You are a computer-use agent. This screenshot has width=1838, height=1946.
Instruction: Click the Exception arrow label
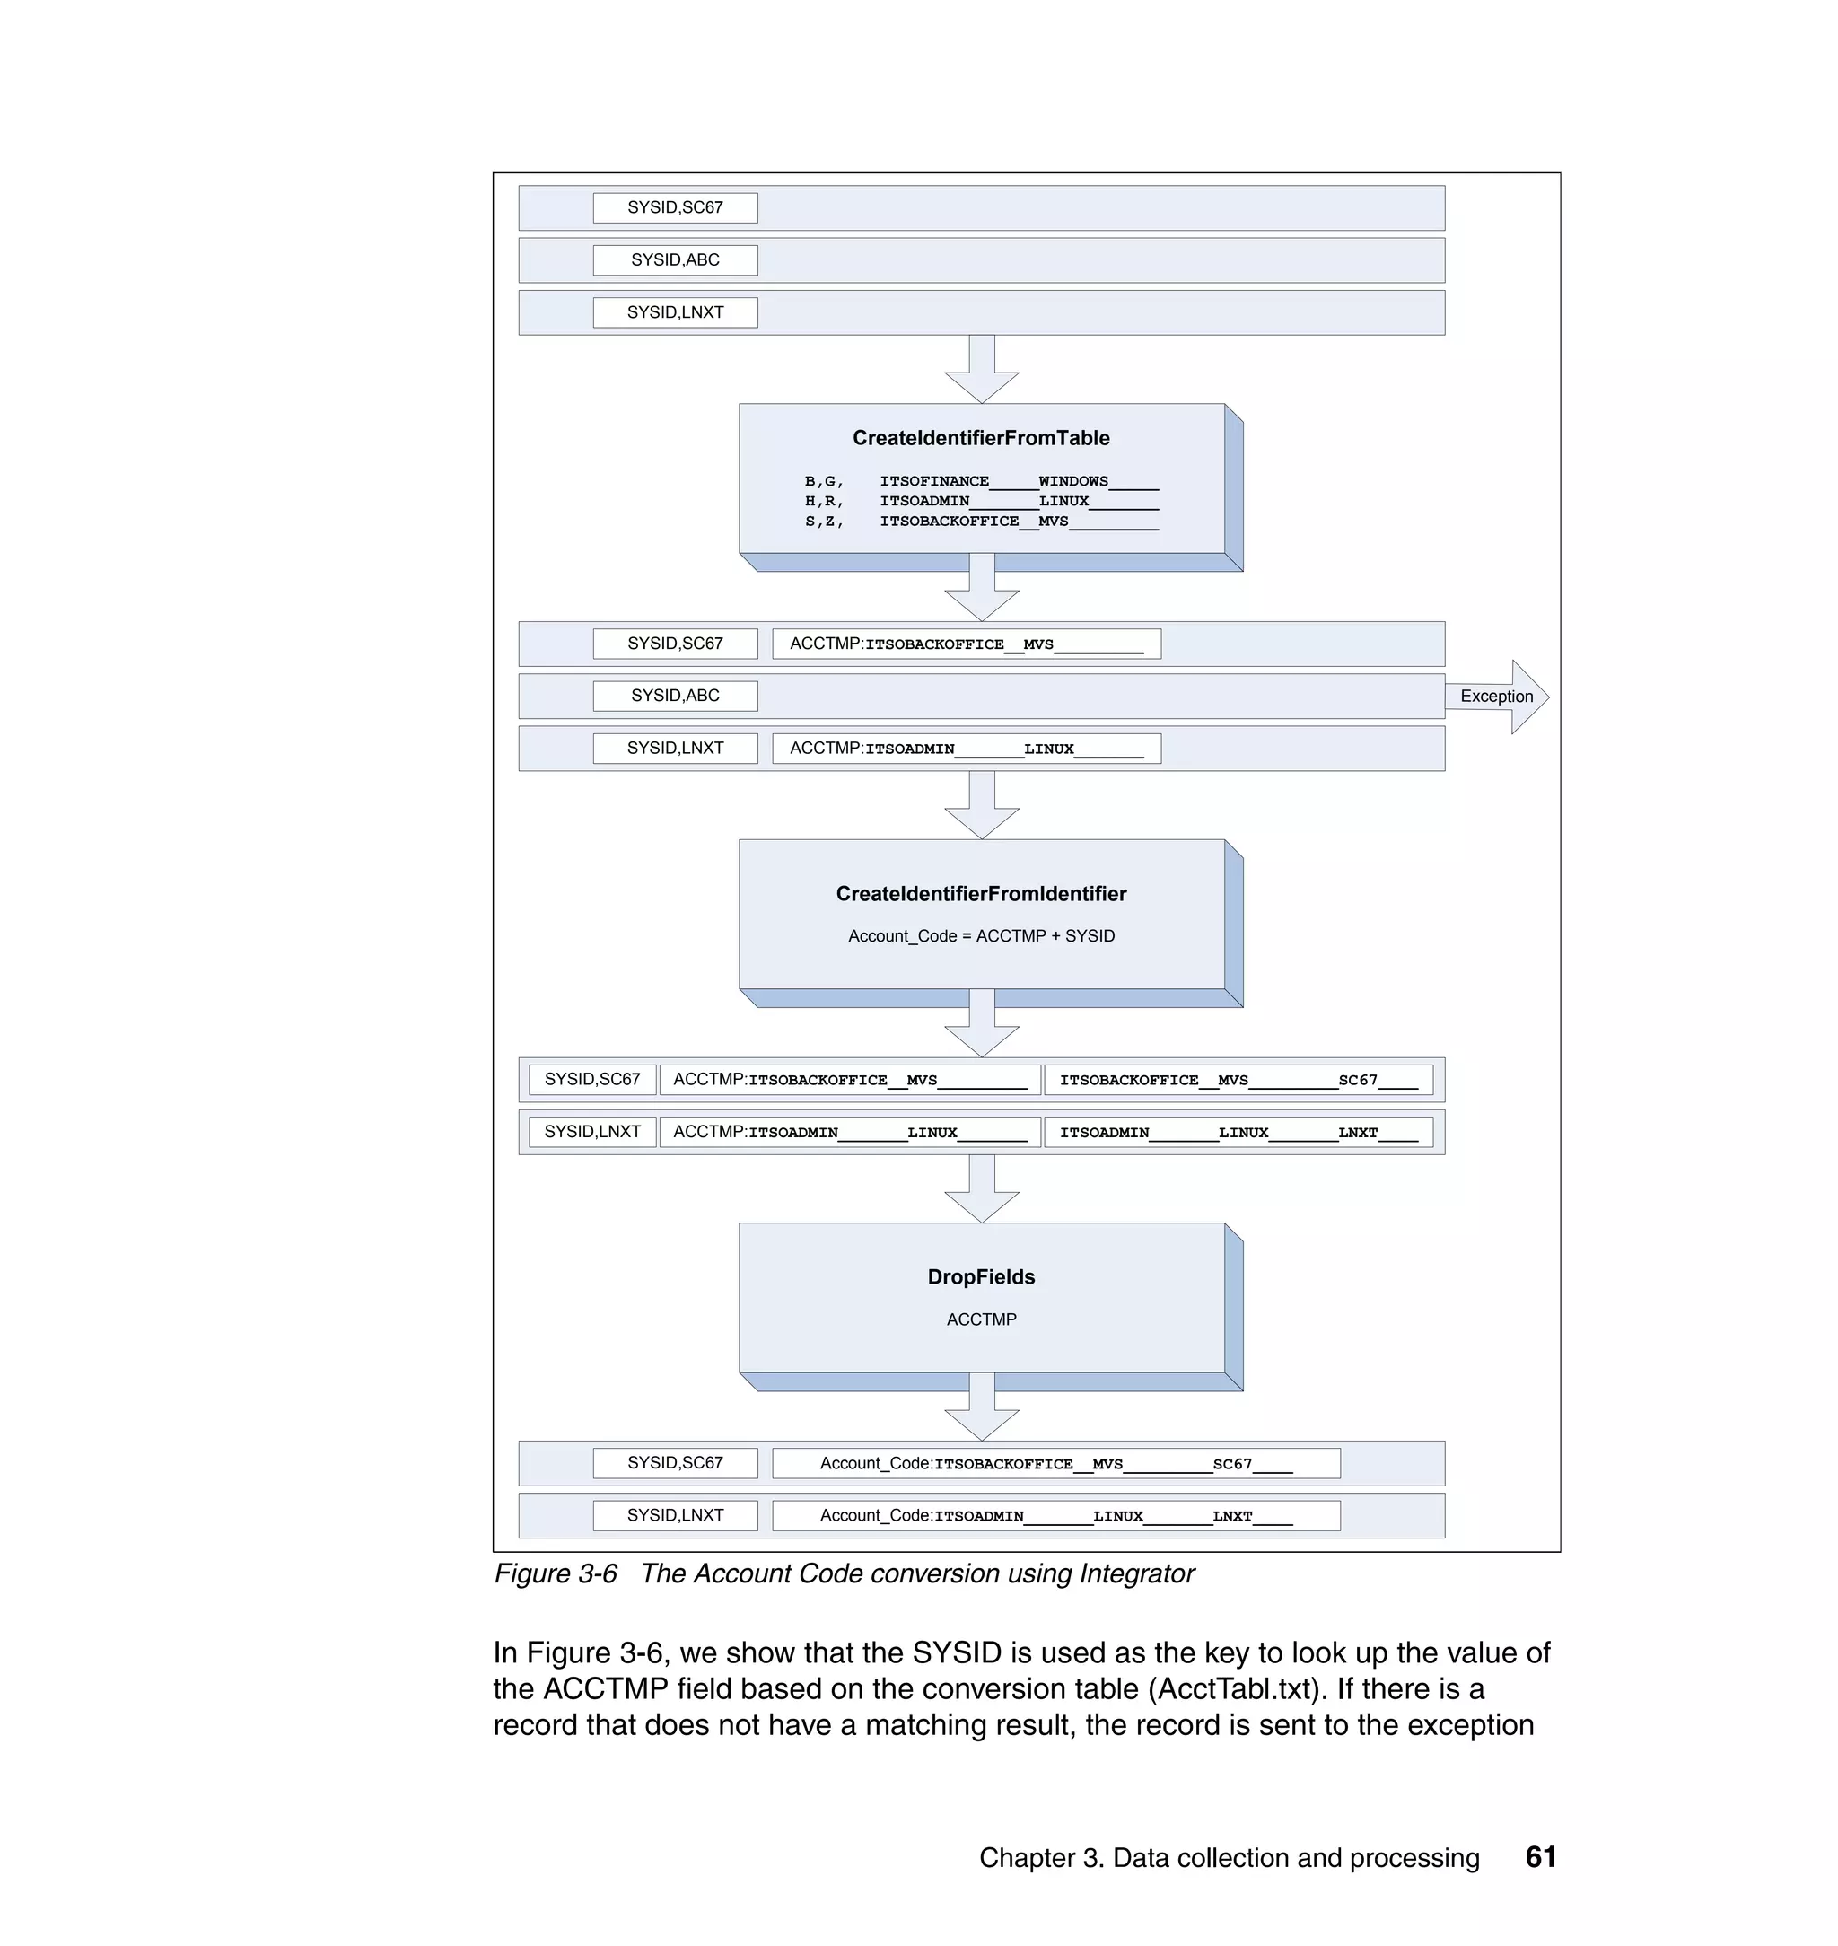click(x=1496, y=697)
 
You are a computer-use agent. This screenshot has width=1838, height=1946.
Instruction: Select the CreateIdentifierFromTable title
click(x=981, y=438)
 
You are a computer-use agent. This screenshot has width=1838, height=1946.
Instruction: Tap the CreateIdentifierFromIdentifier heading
click(x=981, y=894)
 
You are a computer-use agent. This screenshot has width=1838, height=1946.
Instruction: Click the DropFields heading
click(x=981, y=1276)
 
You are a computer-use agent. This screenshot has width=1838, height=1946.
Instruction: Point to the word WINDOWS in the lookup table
click(x=1072, y=481)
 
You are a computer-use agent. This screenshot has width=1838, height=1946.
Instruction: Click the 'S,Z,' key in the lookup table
click(x=824, y=522)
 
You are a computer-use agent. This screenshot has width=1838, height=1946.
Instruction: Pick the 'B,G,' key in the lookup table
click(x=824, y=481)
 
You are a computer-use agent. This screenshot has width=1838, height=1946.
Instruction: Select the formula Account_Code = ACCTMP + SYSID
click(x=981, y=936)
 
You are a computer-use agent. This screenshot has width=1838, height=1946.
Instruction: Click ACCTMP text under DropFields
click(x=981, y=1319)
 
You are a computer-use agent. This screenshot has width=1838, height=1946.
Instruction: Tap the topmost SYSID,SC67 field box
click(x=675, y=207)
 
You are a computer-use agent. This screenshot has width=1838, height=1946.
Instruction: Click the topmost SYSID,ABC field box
click(x=675, y=259)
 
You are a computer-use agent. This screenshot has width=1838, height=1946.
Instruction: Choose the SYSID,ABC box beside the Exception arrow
click(x=675, y=696)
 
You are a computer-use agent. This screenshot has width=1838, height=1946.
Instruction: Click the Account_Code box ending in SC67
click(x=1055, y=1463)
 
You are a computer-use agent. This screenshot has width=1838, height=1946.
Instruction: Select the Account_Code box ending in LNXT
click(x=1055, y=1516)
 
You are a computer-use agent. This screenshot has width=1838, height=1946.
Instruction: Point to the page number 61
click(x=1540, y=1857)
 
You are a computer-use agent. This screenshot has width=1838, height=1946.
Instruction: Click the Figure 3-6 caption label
click(x=556, y=1573)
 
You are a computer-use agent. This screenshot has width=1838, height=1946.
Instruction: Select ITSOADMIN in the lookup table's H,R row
click(x=923, y=501)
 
